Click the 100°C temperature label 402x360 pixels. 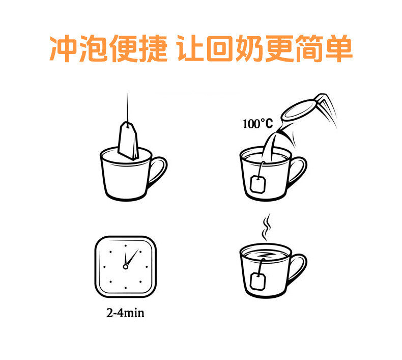(257, 124)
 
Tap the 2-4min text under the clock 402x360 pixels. (125, 313)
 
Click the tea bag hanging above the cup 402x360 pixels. (128, 141)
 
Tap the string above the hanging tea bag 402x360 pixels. (127, 108)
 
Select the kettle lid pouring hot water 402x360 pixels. (299, 110)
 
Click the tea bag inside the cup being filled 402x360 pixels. (258, 183)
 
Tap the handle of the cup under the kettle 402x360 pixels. (298, 172)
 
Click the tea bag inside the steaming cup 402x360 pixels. (258, 282)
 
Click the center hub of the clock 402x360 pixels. (125, 267)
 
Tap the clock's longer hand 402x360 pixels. (132, 257)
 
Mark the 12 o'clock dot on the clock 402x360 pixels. (125, 246)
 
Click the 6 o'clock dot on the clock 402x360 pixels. (125, 288)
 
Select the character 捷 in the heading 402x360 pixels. (153, 48)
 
